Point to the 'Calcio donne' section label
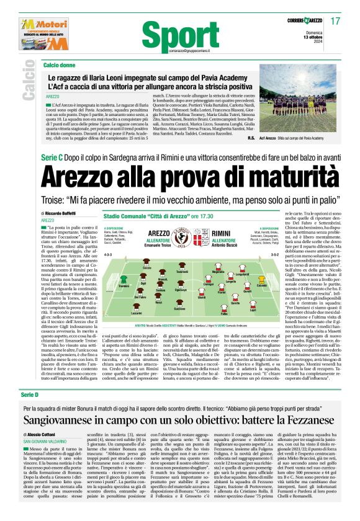click(59, 65)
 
